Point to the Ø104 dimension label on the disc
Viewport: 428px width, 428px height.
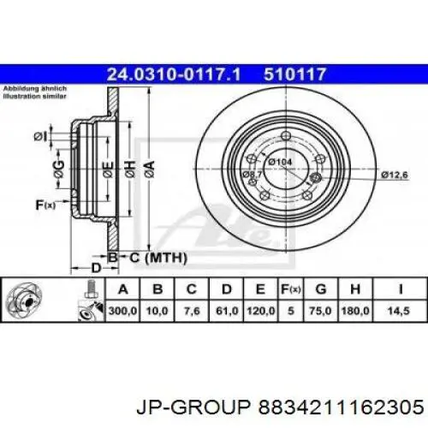coord(279,162)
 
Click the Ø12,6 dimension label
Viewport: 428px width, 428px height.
coord(395,175)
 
